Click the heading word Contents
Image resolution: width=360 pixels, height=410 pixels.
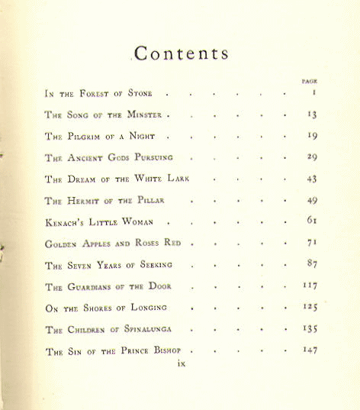point(182,53)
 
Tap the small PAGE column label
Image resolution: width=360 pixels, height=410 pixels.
point(310,80)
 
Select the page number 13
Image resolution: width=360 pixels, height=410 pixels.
point(312,115)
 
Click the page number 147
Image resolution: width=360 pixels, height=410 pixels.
point(310,351)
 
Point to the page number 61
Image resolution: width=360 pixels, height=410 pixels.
point(312,222)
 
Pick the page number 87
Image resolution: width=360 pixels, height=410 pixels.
point(312,265)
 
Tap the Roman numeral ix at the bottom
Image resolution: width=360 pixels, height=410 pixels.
point(181,364)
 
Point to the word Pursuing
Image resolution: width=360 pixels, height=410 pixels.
point(150,158)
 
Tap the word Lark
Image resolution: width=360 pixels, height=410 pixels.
point(175,179)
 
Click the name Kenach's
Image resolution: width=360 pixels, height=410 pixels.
point(67,222)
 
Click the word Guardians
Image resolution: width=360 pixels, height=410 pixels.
point(93,287)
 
